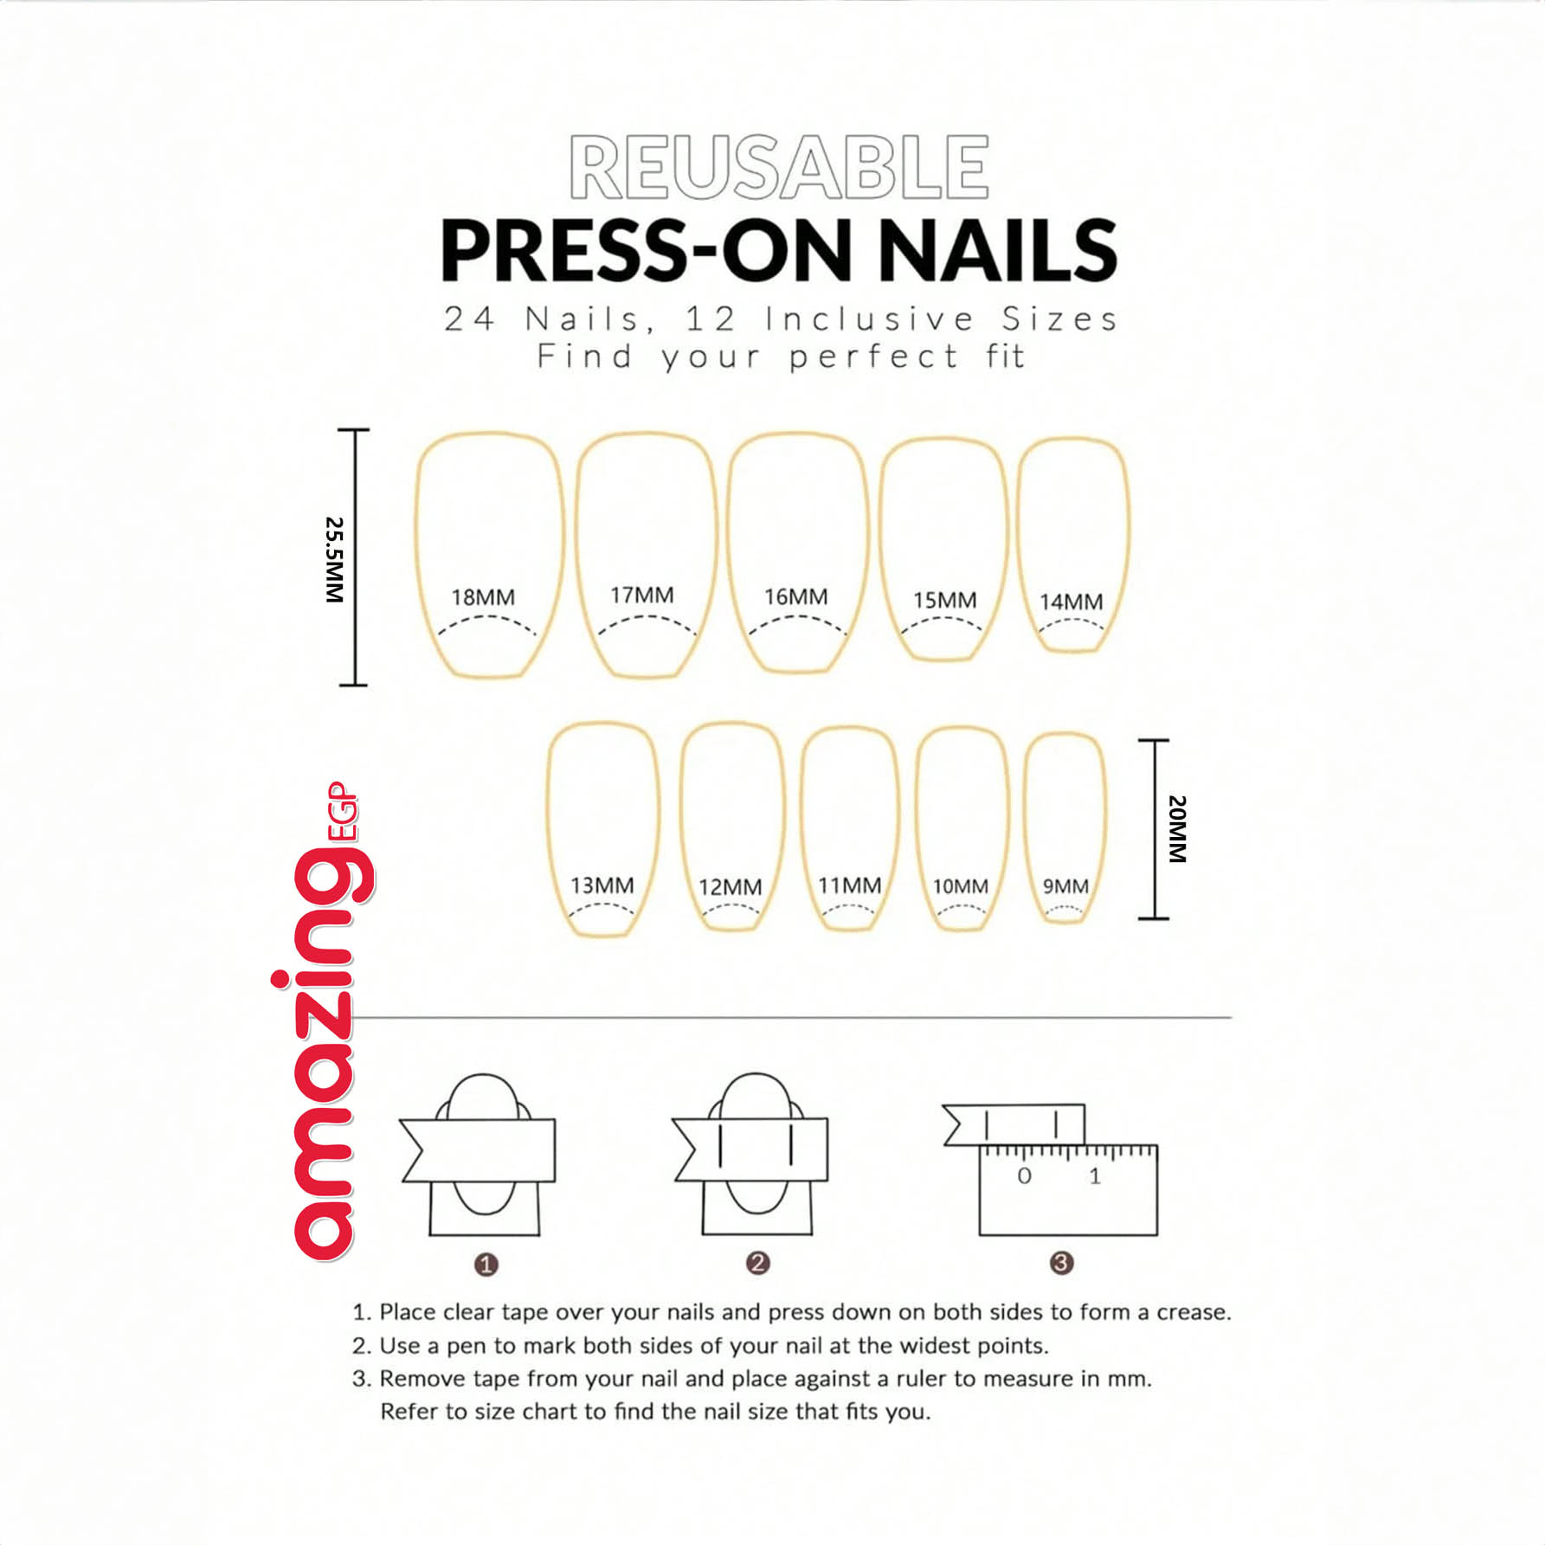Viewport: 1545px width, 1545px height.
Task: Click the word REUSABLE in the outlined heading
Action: pyautogui.click(x=779, y=167)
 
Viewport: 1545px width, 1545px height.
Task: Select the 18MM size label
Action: pyautogui.click(x=483, y=597)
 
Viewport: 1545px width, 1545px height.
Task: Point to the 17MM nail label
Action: pyautogui.click(x=641, y=595)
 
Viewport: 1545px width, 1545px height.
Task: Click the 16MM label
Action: pyautogui.click(x=795, y=596)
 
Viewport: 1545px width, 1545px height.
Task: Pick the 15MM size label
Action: pyautogui.click(x=944, y=600)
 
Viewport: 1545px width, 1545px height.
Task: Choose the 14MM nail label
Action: pyautogui.click(x=1071, y=602)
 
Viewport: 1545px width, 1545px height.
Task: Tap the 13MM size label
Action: pyautogui.click(x=602, y=885)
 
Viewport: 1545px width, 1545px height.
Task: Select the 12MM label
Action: pyautogui.click(x=731, y=887)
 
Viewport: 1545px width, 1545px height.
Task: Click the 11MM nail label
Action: pyautogui.click(x=850, y=885)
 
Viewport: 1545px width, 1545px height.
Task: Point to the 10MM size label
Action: pyautogui.click(x=960, y=886)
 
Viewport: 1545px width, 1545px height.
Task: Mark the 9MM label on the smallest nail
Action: pyautogui.click(x=1065, y=886)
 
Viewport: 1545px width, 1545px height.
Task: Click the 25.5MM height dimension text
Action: pyautogui.click(x=334, y=560)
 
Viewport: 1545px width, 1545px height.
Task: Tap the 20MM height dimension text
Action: pyautogui.click(x=1177, y=828)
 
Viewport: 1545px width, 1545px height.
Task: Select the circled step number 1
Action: pyautogui.click(x=486, y=1265)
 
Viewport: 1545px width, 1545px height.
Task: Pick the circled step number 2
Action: pyautogui.click(x=757, y=1263)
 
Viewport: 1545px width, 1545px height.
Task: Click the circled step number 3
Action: pyautogui.click(x=1061, y=1263)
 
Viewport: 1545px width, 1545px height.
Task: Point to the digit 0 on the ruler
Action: pyautogui.click(x=1024, y=1175)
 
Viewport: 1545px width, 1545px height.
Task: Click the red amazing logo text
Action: pyautogui.click(x=324, y=1021)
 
